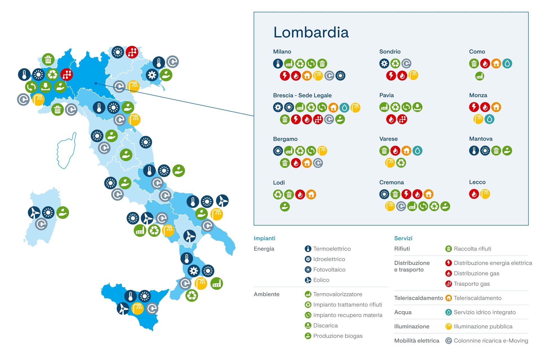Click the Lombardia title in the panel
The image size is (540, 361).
311,32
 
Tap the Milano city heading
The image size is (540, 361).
282,52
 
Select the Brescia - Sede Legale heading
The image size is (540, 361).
302,95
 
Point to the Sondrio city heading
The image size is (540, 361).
390,52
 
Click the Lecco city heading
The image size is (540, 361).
477,182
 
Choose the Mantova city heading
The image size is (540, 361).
480,139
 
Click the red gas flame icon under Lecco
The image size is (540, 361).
474,194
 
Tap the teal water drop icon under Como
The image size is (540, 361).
507,64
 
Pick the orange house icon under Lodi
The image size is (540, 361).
311,194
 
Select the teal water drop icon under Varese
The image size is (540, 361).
417,151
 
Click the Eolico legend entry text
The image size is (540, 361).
321,280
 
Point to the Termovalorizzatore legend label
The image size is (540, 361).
337,294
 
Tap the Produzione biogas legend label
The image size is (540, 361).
337,336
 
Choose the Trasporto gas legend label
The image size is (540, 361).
471,284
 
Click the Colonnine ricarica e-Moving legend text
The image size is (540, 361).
490,341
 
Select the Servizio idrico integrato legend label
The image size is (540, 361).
484,312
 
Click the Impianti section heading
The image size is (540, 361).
264,238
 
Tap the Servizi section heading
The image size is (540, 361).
403,238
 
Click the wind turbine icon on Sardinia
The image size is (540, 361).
34,213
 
